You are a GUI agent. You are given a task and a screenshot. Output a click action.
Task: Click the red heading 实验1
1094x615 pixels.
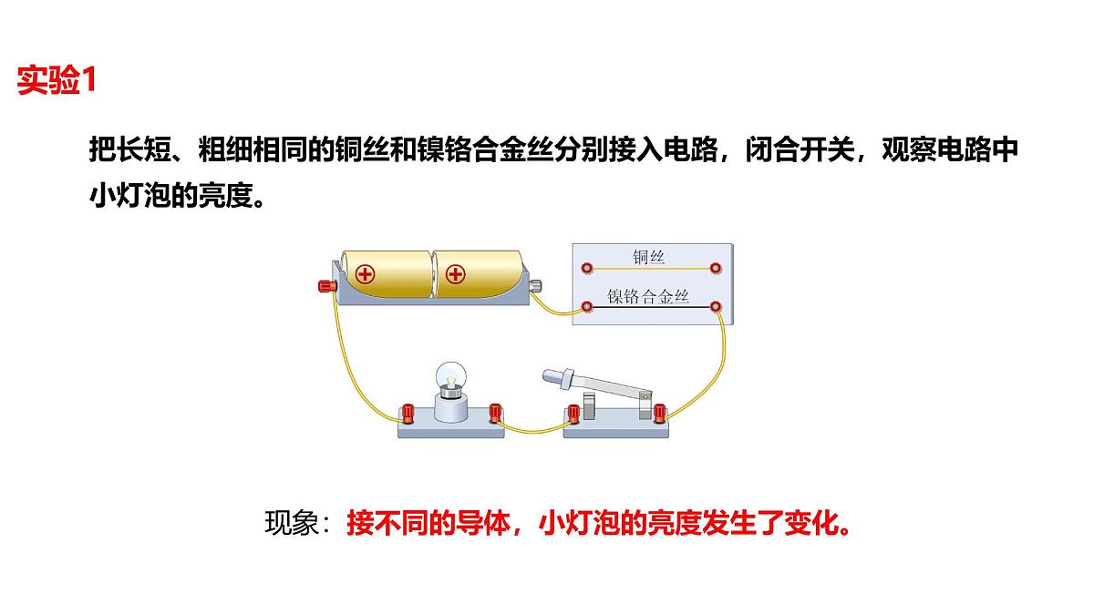tap(57, 79)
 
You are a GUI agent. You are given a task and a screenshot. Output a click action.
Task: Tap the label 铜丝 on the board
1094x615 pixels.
tap(648, 257)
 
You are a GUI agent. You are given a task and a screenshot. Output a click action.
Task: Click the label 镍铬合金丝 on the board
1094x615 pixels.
tap(648, 296)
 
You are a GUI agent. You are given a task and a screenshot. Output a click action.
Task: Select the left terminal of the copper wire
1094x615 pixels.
tap(587, 268)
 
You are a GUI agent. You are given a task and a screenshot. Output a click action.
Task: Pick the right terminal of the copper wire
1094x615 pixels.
tap(715, 268)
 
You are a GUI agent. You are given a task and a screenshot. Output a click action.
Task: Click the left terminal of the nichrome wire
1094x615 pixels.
tap(587, 306)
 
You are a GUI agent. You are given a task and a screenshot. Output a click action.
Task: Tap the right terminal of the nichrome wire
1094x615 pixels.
tap(715, 306)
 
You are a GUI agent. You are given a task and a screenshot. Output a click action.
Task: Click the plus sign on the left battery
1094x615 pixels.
tap(365, 274)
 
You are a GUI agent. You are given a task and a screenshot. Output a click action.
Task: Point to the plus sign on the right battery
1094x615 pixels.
tap(455, 274)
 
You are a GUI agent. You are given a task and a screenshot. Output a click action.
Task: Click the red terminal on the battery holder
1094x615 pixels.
tap(327, 285)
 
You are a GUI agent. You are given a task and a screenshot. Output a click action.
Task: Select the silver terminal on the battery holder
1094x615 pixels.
tap(536, 285)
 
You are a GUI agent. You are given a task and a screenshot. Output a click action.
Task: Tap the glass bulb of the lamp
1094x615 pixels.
tap(450, 375)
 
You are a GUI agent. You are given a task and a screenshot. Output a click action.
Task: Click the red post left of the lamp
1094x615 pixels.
tap(408, 414)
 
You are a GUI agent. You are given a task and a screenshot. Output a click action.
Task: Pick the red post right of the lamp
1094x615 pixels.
tap(495, 413)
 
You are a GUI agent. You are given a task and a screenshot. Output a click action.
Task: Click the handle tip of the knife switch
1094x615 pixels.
tap(550, 375)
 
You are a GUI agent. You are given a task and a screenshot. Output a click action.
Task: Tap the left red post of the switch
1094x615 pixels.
tap(573, 414)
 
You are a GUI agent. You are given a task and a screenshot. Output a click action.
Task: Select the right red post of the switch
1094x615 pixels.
tap(659, 413)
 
